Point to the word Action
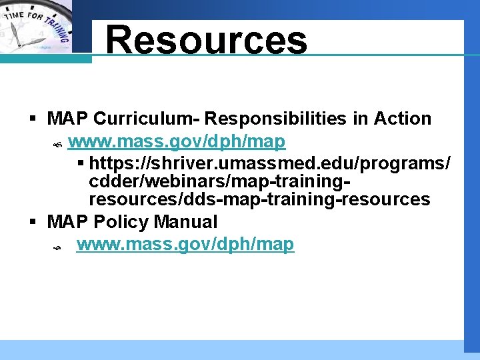(x=403, y=119)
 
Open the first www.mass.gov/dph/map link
(x=177, y=141)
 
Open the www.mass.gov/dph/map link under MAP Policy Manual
(x=185, y=244)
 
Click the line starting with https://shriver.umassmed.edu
(x=269, y=163)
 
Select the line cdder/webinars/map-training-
(x=220, y=181)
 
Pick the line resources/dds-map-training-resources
(x=259, y=199)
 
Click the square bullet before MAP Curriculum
(x=32, y=119)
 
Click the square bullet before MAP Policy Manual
(x=32, y=222)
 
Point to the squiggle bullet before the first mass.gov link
(x=57, y=143)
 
